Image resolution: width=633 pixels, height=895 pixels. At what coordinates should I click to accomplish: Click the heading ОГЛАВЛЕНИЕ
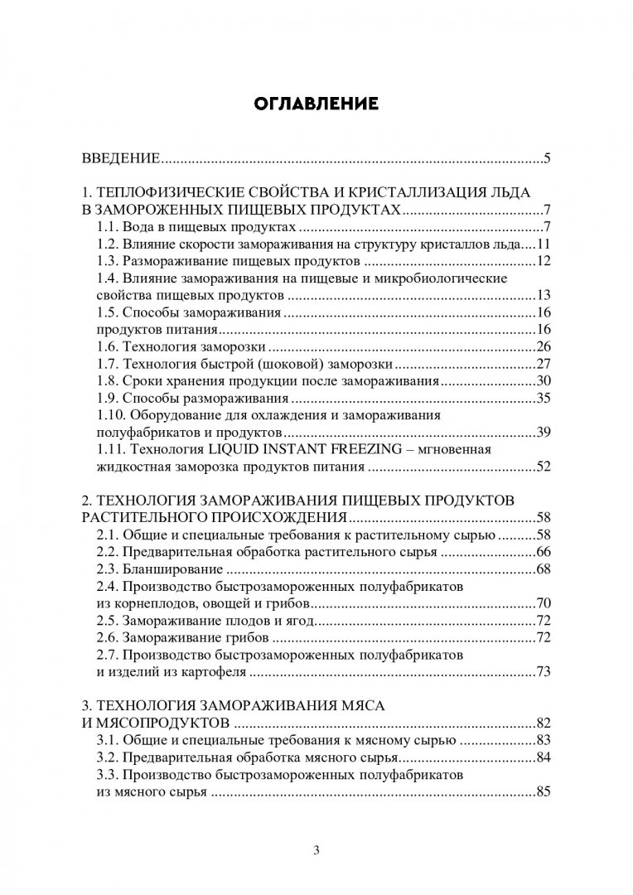pos(316,104)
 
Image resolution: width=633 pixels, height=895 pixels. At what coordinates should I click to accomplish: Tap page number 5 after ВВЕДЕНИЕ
pos(548,158)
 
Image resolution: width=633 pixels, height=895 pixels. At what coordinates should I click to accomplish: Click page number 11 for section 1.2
pos(544,245)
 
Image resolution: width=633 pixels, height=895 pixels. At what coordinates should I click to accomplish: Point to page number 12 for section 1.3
pos(544,262)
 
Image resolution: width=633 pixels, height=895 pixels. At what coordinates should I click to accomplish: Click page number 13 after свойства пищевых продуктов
pos(544,296)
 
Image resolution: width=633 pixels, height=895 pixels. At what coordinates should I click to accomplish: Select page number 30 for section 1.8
pos(544,380)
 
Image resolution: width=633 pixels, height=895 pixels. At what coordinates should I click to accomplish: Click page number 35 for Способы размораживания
pos(544,398)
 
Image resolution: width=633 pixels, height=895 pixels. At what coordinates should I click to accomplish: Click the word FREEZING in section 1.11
pos(372,449)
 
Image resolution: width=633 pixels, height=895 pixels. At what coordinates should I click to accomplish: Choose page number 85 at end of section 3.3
pos(544,792)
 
